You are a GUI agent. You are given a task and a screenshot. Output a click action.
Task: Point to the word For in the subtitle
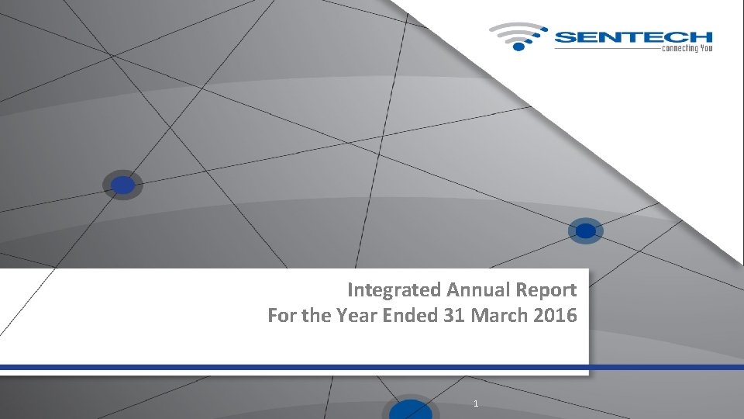(x=281, y=316)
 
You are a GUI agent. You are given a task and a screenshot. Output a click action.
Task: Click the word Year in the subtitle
(x=350, y=316)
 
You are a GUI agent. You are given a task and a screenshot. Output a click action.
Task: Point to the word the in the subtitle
(x=314, y=316)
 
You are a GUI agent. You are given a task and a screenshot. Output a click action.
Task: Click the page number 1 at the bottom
(x=475, y=403)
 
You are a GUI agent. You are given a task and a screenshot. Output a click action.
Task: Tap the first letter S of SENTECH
(x=565, y=36)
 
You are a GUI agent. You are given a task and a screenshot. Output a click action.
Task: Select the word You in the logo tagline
(x=705, y=48)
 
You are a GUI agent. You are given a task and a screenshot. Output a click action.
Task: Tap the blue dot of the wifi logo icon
(x=518, y=47)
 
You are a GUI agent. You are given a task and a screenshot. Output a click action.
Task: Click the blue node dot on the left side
(x=122, y=185)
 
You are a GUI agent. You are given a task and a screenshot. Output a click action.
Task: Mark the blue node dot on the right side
(x=586, y=231)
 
